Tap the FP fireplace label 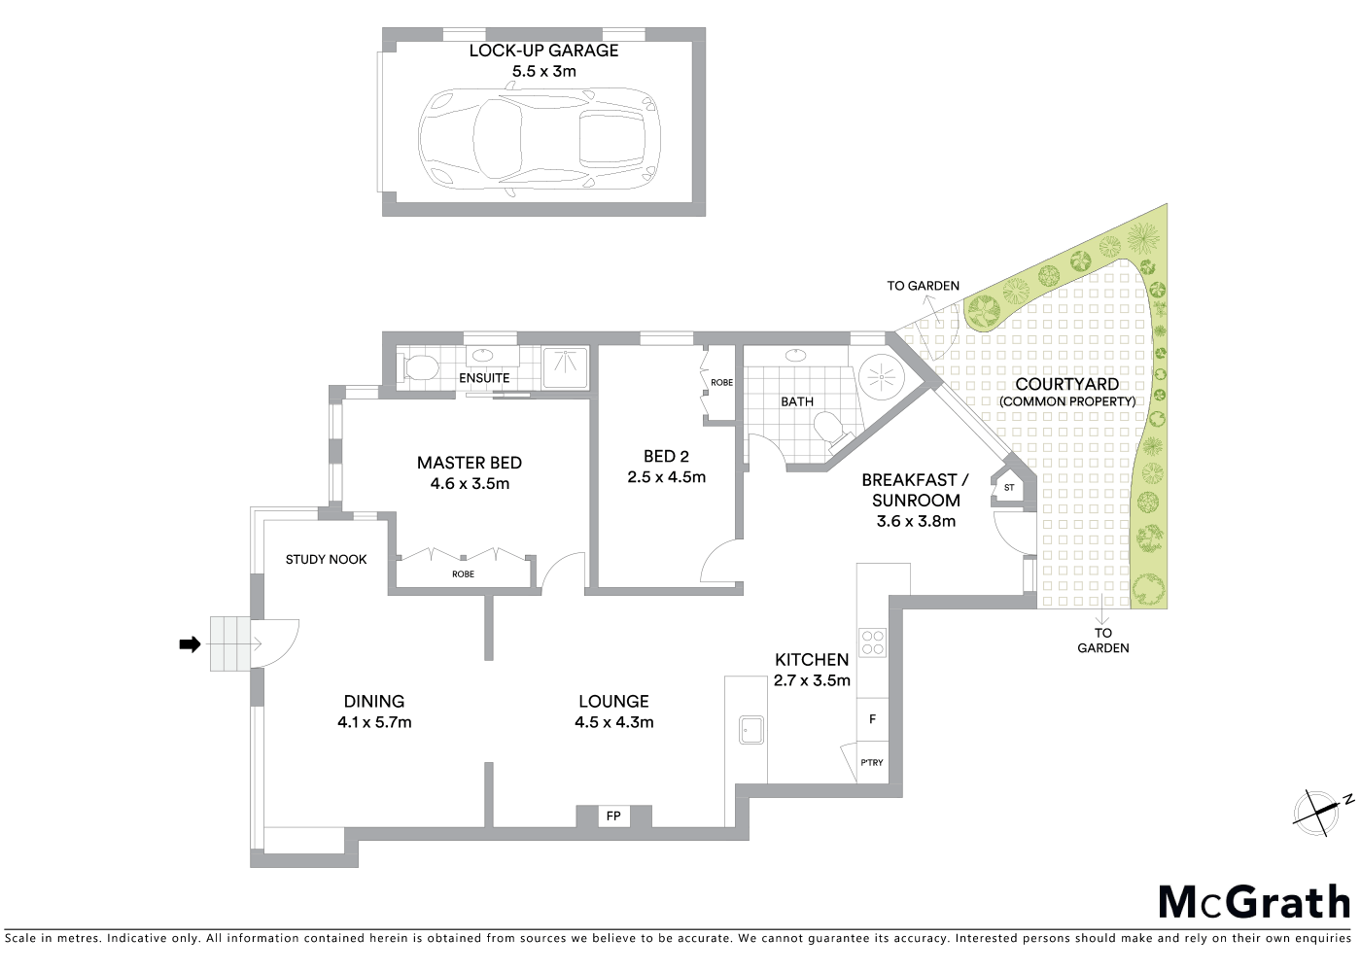[613, 816]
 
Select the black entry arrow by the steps [190, 643]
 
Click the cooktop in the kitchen [873, 642]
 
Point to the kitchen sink [751, 729]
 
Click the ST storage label [1009, 487]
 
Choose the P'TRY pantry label [872, 762]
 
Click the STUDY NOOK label [327, 559]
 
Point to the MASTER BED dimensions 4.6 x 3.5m [470, 483]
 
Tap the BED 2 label [666, 456]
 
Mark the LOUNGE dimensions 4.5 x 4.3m [613, 722]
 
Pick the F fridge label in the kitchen [872, 719]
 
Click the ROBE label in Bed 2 [721, 383]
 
